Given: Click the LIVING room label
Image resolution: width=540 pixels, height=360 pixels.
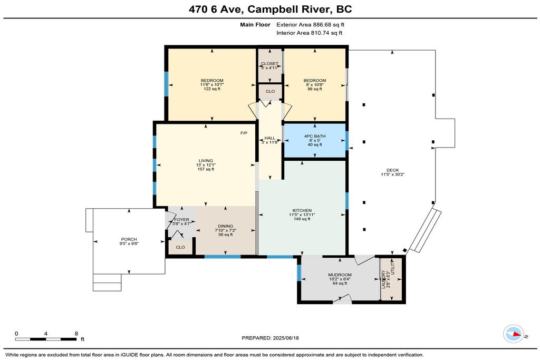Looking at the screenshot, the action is click(206, 161).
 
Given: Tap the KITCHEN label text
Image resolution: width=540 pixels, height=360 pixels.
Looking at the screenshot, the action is click(302, 210).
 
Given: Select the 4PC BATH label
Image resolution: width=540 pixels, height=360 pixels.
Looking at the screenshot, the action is click(315, 137).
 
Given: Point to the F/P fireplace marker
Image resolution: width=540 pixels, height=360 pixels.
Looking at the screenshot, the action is click(244, 133).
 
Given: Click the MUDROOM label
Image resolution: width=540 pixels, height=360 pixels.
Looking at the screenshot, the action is click(340, 275).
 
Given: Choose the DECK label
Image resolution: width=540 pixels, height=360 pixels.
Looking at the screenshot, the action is click(392, 170).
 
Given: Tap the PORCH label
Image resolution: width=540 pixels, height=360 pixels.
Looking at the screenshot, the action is click(129, 239).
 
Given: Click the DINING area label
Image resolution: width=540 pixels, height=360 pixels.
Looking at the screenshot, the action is click(226, 226).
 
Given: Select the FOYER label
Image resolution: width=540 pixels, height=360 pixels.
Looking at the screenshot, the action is click(181, 220).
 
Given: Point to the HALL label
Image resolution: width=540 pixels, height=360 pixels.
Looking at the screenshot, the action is click(269, 138).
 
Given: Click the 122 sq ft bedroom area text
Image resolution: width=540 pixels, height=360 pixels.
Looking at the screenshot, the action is click(212, 89).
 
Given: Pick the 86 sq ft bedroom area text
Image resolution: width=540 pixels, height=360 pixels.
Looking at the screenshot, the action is click(315, 89).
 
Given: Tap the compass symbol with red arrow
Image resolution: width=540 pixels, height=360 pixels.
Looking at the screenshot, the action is click(514, 334).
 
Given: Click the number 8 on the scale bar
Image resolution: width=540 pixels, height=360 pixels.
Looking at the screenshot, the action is click(76, 333).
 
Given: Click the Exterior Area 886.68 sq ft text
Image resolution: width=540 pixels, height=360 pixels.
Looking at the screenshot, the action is click(310, 24).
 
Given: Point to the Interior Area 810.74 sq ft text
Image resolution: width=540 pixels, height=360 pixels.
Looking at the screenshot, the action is click(309, 33).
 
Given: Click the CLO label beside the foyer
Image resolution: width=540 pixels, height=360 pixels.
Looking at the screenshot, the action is click(180, 247).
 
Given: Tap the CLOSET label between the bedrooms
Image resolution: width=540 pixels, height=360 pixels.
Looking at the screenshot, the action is click(269, 64).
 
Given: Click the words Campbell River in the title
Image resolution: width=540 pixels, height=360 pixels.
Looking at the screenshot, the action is click(288, 9).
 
